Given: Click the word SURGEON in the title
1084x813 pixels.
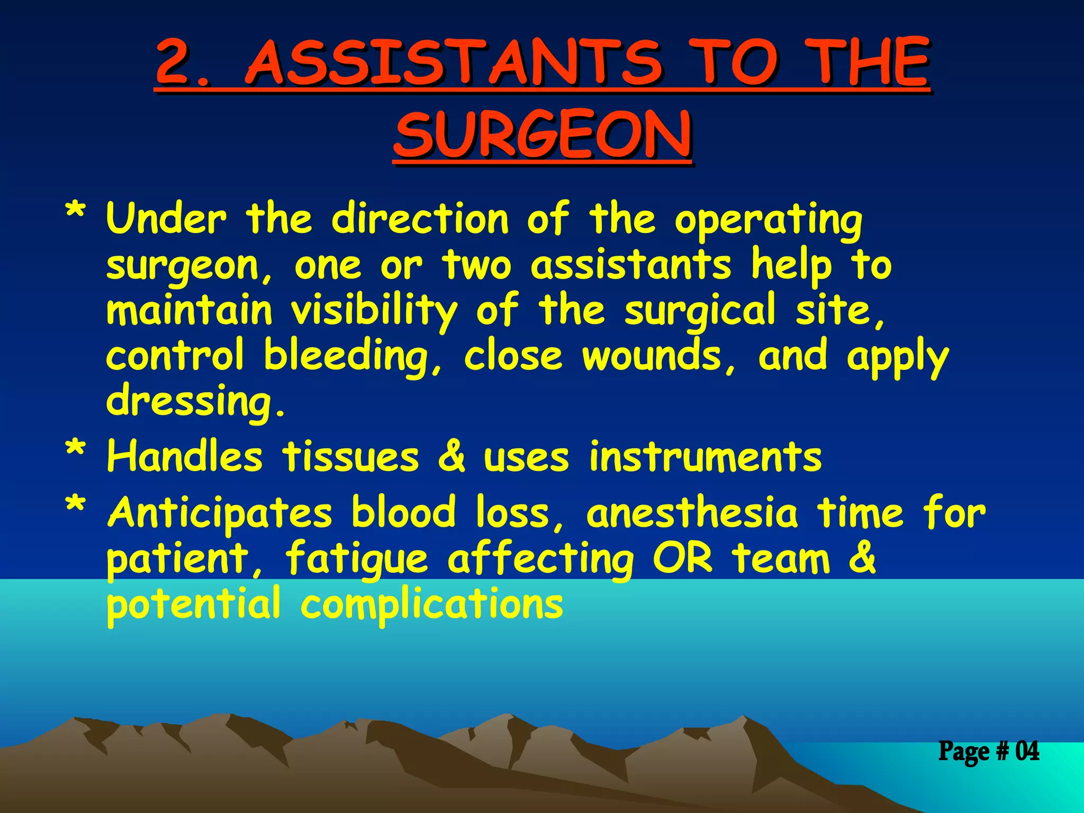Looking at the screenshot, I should (x=542, y=135).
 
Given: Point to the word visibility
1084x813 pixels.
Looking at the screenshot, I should (x=374, y=311).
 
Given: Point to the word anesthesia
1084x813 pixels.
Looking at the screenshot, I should (x=692, y=512).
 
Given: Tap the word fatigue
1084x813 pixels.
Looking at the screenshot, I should (x=356, y=559).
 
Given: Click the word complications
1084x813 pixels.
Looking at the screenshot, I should (x=431, y=605).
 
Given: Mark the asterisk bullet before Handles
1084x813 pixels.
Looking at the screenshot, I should (x=75, y=450).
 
